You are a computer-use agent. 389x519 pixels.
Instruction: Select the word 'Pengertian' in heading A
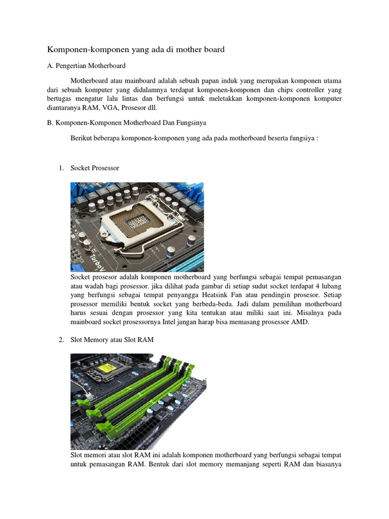(71, 66)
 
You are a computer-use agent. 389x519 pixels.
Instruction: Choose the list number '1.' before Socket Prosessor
(62, 168)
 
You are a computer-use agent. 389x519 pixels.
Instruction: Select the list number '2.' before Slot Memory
(62, 340)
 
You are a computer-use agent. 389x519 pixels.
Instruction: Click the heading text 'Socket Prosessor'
(95, 168)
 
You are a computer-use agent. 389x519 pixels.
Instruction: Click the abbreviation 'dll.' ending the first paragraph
(166, 107)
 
